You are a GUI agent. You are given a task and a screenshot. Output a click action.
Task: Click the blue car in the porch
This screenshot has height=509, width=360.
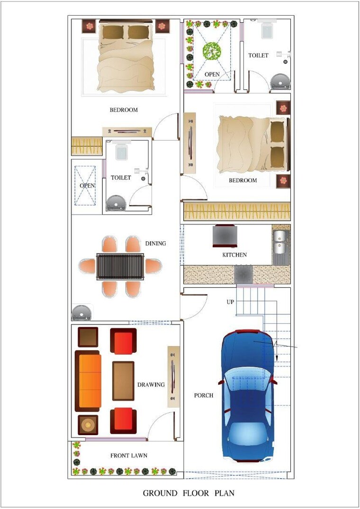(247, 395)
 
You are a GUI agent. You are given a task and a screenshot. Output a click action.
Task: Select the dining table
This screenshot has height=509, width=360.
(120, 267)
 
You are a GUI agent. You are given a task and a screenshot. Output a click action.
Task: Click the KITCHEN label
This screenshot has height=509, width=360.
(234, 255)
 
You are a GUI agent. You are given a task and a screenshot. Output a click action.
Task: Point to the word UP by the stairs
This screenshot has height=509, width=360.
(230, 302)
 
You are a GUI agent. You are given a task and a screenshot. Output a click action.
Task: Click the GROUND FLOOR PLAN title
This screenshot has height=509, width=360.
(189, 493)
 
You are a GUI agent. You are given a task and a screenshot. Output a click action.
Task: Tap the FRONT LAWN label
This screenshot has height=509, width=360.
(129, 455)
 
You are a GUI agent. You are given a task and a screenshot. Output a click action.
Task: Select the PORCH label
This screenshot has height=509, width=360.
(204, 395)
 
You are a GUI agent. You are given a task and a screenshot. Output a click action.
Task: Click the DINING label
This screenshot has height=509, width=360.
(156, 243)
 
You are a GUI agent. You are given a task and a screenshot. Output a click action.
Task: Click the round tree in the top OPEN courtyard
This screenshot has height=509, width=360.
(212, 51)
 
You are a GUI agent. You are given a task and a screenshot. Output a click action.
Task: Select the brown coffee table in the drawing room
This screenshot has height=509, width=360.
(123, 381)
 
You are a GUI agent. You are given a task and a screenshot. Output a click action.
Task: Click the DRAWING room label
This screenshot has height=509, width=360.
(151, 384)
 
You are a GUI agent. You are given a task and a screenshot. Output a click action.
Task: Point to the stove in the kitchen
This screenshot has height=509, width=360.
(225, 236)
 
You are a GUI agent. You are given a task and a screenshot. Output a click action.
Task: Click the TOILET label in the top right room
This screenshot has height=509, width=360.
(258, 55)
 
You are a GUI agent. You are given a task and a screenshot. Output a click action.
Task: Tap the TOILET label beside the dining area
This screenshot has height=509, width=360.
(121, 178)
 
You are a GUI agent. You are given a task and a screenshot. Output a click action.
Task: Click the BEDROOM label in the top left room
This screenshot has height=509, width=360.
(124, 110)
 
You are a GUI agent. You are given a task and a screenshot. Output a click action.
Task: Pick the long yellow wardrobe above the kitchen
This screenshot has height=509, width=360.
(236, 211)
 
